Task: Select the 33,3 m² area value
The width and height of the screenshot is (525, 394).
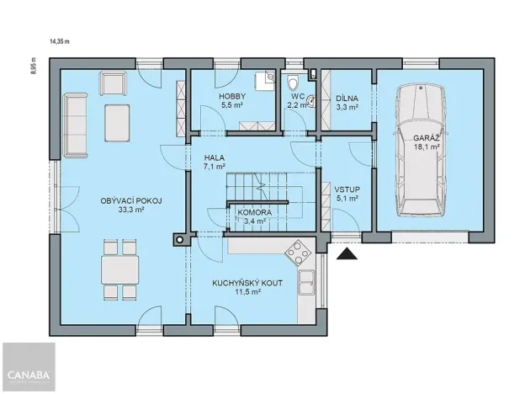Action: (130, 210)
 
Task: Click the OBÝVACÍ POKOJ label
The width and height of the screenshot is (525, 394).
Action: (130, 200)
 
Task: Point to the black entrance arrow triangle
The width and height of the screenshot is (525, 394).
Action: (345, 252)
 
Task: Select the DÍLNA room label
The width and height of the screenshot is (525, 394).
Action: (347, 98)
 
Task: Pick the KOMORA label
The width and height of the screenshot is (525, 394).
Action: (254, 213)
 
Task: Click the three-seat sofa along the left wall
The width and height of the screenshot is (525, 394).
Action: (75, 125)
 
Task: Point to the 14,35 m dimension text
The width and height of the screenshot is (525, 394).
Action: (61, 40)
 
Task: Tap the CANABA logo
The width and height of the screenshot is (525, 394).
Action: (28, 374)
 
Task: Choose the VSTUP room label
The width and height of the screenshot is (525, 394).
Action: (347, 190)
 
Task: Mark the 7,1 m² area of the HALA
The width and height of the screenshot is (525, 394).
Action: (215, 167)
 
